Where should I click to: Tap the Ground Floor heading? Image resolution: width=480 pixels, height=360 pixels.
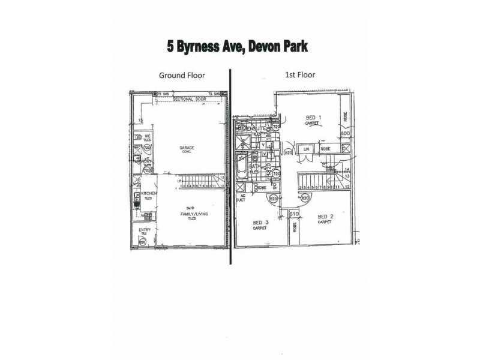[182, 76]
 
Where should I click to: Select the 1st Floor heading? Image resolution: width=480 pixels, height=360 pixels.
[300, 75]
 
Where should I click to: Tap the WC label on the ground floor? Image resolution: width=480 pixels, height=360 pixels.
[145, 134]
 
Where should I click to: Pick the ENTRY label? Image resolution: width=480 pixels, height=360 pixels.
[145, 230]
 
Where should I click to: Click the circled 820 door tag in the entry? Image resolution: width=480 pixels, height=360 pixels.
[143, 241]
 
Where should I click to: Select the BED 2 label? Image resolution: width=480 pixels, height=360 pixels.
[325, 217]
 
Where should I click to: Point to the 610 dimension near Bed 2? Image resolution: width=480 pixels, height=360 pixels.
[294, 214]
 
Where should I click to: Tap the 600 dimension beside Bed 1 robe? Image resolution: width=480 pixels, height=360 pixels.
[344, 134]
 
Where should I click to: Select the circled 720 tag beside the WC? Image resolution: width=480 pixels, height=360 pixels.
[146, 146]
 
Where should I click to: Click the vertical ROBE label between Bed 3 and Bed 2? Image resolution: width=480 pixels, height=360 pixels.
[295, 228]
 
